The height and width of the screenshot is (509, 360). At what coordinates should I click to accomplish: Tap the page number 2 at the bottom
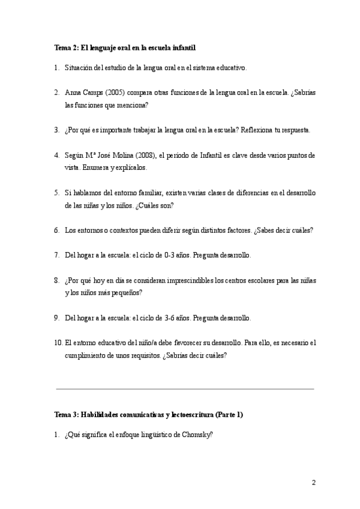(x=313, y=483)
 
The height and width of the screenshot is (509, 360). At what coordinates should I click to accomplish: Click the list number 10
(x=58, y=343)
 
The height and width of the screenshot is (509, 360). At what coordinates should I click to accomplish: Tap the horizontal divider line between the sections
(x=185, y=389)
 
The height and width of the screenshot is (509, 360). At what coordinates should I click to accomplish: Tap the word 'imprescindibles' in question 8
(x=188, y=280)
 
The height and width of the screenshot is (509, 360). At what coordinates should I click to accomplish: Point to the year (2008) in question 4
(x=146, y=155)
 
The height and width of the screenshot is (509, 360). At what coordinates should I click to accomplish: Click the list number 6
(x=56, y=230)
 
